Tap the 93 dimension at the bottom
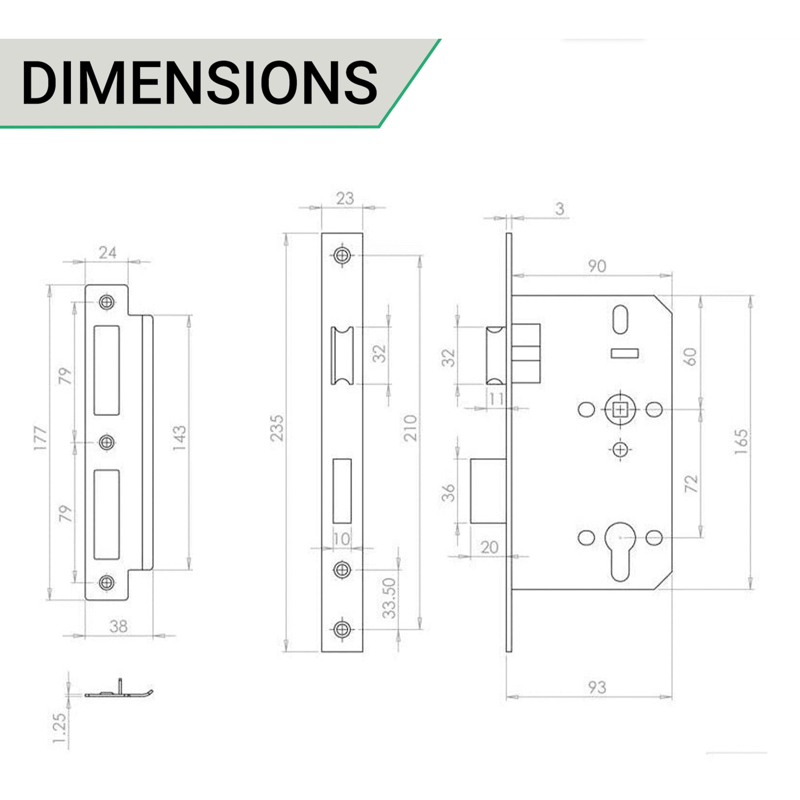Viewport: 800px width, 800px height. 597,687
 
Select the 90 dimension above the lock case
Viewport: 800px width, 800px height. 597,266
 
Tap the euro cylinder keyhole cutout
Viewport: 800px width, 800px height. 620,553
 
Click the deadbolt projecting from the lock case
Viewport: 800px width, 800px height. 489,491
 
